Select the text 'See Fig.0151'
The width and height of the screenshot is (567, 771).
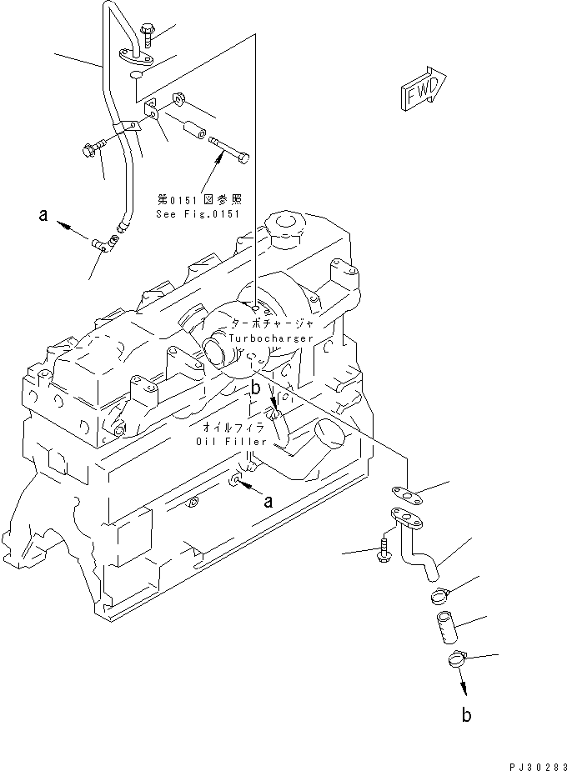(x=198, y=214)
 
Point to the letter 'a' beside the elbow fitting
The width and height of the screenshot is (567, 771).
(x=43, y=216)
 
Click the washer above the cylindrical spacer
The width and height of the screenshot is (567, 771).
(x=179, y=101)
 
